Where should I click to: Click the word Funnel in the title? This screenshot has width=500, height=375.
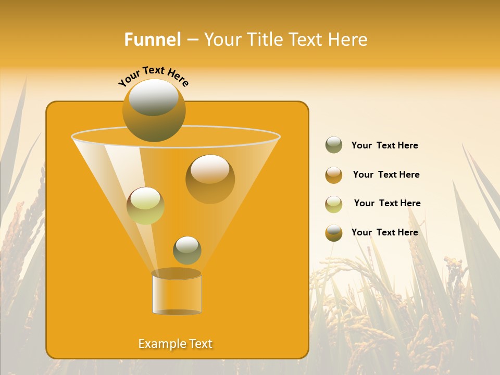coord(153,40)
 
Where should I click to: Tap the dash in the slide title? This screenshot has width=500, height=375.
coord(192,40)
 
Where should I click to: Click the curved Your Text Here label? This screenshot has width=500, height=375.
coord(153,76)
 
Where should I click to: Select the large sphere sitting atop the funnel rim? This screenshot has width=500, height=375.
coord(154,110)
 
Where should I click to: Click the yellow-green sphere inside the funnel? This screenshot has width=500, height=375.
coord(145,206)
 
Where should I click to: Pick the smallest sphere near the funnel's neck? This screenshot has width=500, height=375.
coord(187,250)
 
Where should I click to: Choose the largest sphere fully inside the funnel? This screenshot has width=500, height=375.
coord(210,179)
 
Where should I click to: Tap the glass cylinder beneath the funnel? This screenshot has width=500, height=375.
coord(177,294)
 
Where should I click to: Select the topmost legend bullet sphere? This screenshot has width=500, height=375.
coord(334,145)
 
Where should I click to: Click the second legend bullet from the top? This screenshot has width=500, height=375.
coord(334,174)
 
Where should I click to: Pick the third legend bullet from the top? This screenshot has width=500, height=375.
coord(334,204)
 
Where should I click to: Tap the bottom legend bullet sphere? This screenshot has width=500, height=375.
coord(334,232)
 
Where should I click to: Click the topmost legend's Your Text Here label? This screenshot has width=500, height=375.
coord(384,145)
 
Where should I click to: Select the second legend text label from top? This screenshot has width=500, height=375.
coord(386,174)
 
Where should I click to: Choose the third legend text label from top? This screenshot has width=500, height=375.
coord(387,203)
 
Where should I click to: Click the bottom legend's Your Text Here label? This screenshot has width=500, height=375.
coord(384,232)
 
